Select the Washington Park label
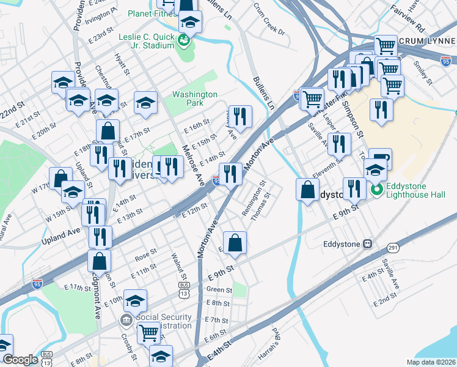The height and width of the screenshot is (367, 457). pos(194,99)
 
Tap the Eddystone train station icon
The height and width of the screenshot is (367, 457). pos(368,243)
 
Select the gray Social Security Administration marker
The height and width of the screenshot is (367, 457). pos(126,320)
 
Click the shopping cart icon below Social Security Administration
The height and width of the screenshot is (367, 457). pos(149,333)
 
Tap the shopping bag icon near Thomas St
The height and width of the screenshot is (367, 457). pos(235,243)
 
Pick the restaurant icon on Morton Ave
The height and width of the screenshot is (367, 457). pos(230,174)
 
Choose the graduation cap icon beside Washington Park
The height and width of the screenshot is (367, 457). pos(145,103)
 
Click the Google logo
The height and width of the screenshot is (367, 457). pos(20,360)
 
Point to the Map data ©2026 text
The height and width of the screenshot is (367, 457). pos(431,362)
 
